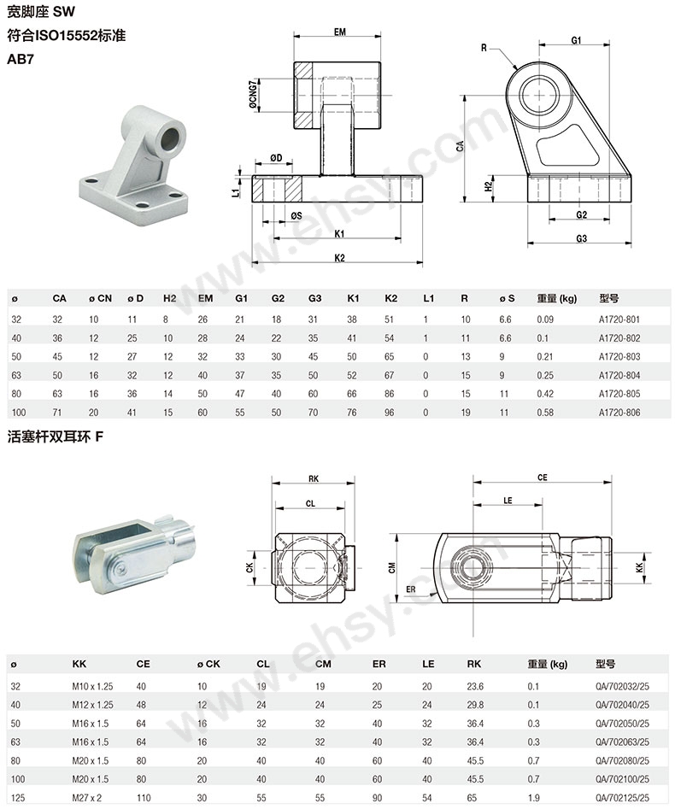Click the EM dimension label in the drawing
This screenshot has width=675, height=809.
[x=339, y=32]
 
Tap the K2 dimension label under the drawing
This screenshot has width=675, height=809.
[x=339, y=257]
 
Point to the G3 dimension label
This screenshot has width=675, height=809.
[x=581, y=238]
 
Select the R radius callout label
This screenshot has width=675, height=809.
[x=484, y=49]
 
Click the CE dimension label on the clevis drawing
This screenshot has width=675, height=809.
[x=541, y=478]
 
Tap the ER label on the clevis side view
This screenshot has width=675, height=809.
[x=411, y=589]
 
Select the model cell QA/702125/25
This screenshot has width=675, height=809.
[x=621, y=797]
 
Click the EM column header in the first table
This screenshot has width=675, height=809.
[x=205, y=299]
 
